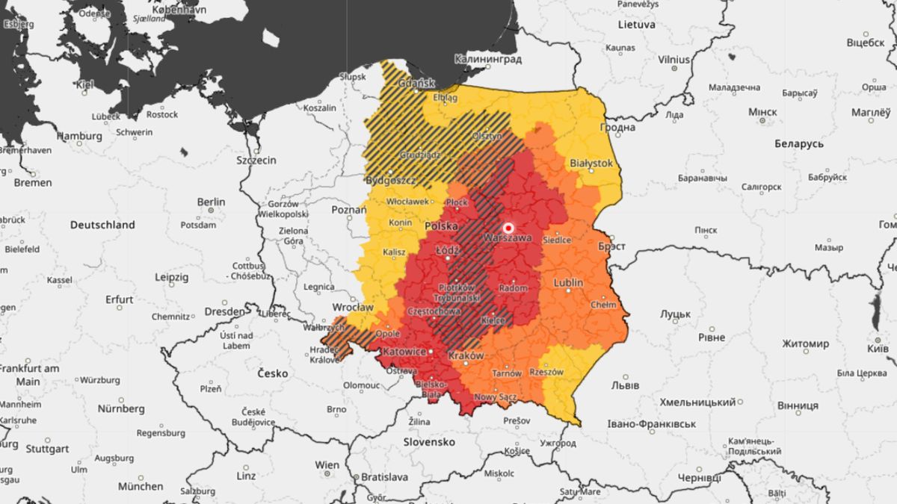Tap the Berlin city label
(x=211, y=202)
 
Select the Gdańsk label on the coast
(x=417, y=84)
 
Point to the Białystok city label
(x=591, y=162)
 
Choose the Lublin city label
(x=569, y=282)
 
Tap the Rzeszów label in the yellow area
(x=546, y=372)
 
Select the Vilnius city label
(x=674, y=58)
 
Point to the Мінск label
(x=763, y=112)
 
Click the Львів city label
(x=625, y=385)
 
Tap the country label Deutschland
(x=102, y=224)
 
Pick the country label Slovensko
(x=429, y=441)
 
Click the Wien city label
(x=327, y=464)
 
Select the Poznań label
(x=349, y=210)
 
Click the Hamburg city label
(x=79, y=136)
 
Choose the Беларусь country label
(x=799, y=143)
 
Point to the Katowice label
(x=404, y=351)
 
